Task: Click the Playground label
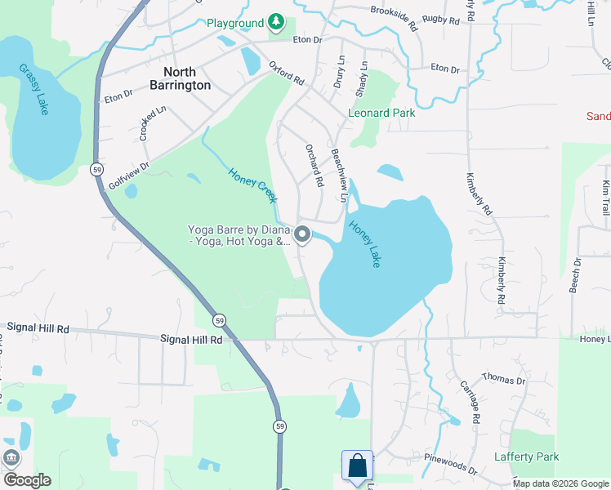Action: click(x=235, y=23)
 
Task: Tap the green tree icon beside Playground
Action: click(x=277, y=22)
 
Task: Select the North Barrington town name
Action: click(x=181, y=78)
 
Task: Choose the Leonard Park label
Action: click(x=381, y=113)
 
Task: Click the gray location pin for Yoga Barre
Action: click(x=302, y=235)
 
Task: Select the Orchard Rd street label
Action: click(x=314, y=164)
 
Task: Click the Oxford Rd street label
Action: click(x=286, y=76)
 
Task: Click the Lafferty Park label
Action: click(x=527, y=457)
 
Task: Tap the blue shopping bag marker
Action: click(x=357, y=466)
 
